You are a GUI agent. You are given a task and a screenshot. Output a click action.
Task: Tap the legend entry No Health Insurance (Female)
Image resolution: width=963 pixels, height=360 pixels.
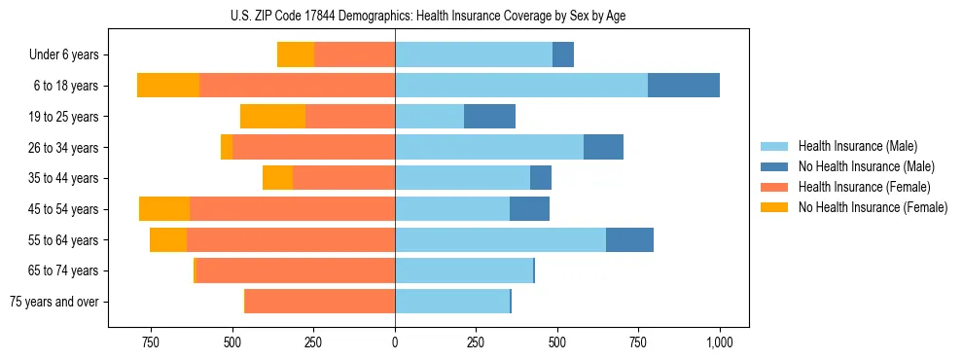[x=873, y=207]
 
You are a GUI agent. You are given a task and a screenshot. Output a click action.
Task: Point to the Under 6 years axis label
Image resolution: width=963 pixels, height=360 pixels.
[x=63, y=54]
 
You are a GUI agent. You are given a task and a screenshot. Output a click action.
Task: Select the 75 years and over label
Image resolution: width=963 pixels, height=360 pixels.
[x=53, y=302]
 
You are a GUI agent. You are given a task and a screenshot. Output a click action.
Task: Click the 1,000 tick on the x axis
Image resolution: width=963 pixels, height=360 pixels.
[x=720, y=342]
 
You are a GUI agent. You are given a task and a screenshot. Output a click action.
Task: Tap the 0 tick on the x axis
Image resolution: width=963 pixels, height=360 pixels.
[x=395, y=342]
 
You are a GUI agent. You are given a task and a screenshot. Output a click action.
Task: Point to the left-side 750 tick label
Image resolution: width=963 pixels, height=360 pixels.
[x=150, y=342]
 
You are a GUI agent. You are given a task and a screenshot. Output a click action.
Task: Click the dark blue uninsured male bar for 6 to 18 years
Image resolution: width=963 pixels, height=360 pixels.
[x=684, y=86]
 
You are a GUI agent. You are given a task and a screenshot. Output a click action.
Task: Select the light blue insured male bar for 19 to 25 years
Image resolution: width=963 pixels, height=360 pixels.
[x=429, y=117]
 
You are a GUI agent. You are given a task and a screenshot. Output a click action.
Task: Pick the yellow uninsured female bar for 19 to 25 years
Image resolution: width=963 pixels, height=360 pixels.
[x=272, y=117]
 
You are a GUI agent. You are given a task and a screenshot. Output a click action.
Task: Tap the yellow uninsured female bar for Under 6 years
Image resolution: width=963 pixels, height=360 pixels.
[x=296, y=54]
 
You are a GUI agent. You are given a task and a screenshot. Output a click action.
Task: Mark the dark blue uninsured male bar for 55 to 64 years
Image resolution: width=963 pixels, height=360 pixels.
[x=629, y=239]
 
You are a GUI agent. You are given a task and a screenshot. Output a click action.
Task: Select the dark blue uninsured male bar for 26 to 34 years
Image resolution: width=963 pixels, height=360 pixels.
[x=603, y=147]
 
